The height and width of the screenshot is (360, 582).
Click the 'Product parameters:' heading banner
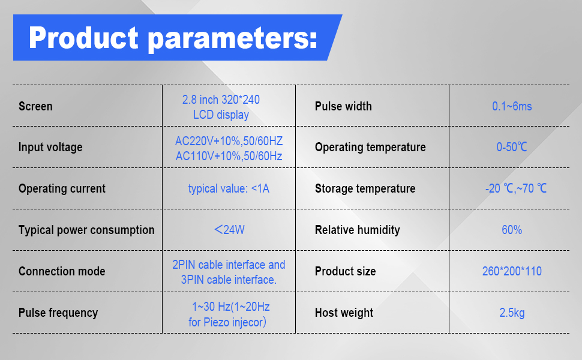coord(173,38)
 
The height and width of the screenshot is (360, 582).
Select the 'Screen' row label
coord(35,106)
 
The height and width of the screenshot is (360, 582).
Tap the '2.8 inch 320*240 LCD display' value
coord(221,107)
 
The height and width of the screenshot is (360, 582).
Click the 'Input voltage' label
coord(50,147)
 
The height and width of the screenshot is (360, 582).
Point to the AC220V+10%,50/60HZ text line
coord(229,142)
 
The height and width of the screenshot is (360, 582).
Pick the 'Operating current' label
coord(62,188)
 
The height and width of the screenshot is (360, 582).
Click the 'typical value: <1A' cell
coord(229,188)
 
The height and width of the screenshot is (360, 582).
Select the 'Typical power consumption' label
coord(86,230)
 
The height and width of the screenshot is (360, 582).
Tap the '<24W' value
coord(229,229)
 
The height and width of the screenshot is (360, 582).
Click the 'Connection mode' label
coord(62,271)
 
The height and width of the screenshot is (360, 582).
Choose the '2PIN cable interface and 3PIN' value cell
coord(229,272)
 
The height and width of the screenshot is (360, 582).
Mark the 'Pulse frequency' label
coord(58,313)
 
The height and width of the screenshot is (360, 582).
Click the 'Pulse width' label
coord(343,106)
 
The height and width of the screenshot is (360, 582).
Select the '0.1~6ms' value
coord(512,106)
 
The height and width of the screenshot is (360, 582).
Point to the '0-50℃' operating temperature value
coord(512,147)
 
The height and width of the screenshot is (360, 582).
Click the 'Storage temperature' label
coord(365,188)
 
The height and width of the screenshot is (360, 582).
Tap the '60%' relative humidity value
coord(512,230)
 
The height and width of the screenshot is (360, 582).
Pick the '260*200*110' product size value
coord(512,271)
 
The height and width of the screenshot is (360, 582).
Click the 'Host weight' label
coord(344,313)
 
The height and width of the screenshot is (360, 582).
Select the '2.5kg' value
coord(512,313)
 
